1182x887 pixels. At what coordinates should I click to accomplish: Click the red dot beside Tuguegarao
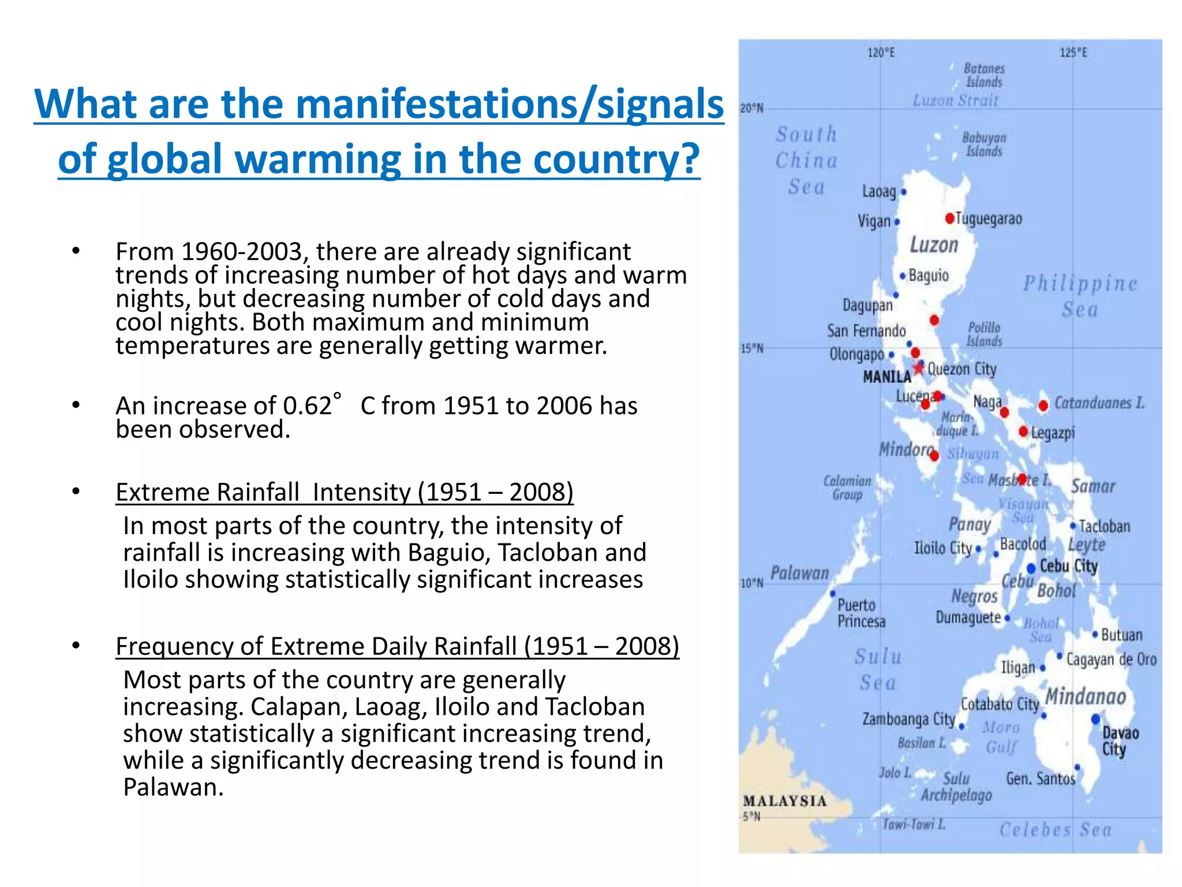pos(949,218)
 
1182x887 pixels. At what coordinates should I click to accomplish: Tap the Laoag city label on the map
pos(878,191)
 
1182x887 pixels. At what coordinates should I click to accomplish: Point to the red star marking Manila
pos(918,368)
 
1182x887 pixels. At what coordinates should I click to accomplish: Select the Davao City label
pos(1120,741)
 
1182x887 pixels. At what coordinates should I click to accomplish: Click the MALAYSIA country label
pos(784,801)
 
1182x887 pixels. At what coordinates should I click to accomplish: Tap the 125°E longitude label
pos(1073,53)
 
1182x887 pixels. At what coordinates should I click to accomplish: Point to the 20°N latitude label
pos(751,109)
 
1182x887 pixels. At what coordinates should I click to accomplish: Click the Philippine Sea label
pos(1080,296)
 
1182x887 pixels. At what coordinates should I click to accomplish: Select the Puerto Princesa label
pos(861,613)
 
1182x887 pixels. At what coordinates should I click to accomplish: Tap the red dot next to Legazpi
pos(1023,431)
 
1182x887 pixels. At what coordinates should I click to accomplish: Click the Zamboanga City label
pos(908,719)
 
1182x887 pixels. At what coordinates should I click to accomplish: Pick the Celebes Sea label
pos(1055,830)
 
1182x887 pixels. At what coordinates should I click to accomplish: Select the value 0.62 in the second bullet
pos(307,406)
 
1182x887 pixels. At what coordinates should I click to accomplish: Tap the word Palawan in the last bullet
pos(173,787)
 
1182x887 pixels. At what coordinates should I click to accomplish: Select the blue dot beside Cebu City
pos(1031,569)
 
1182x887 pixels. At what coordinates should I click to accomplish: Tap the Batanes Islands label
pos(984,75)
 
